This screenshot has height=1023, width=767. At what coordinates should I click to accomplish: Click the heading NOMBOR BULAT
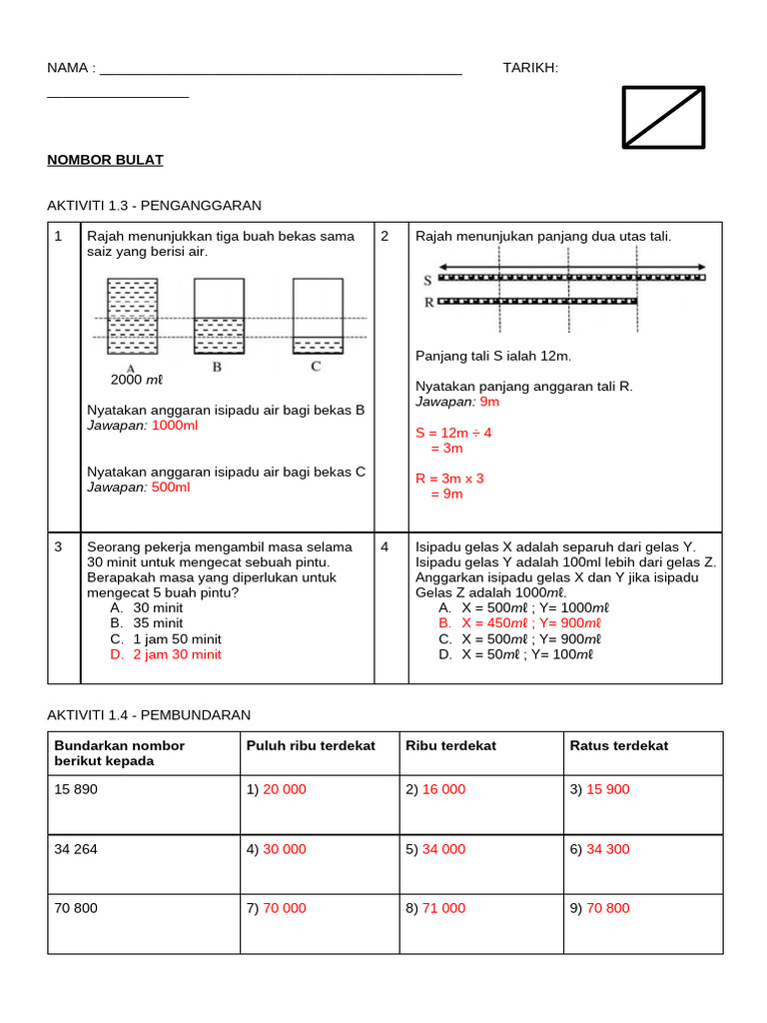coord(105,160)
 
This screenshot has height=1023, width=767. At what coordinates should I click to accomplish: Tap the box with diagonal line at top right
coord(663,117)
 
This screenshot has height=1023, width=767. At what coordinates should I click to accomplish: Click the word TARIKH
coord(530,67)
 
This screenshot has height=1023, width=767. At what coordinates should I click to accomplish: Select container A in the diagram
coord(131,316)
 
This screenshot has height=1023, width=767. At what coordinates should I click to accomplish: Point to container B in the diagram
coord(218,316)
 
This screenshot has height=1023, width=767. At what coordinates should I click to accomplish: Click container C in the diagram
coord(317,316)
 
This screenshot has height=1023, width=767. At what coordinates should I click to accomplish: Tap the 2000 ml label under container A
coord(136,380)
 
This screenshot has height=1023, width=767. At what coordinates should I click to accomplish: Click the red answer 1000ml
coord(175,426)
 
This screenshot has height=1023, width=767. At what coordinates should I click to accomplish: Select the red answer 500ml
coord(171,487)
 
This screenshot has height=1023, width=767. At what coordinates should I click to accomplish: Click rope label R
coord(428,301)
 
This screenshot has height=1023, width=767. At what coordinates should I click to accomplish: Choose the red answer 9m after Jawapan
coord(489,402)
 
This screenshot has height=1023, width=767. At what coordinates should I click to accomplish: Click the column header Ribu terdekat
coord(450,745)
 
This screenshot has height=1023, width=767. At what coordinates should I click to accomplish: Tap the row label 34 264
coord(76,849)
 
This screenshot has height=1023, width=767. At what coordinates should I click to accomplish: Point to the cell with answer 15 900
coord(607,789)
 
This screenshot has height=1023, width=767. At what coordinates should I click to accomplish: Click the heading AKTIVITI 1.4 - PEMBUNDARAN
coord(149,715)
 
